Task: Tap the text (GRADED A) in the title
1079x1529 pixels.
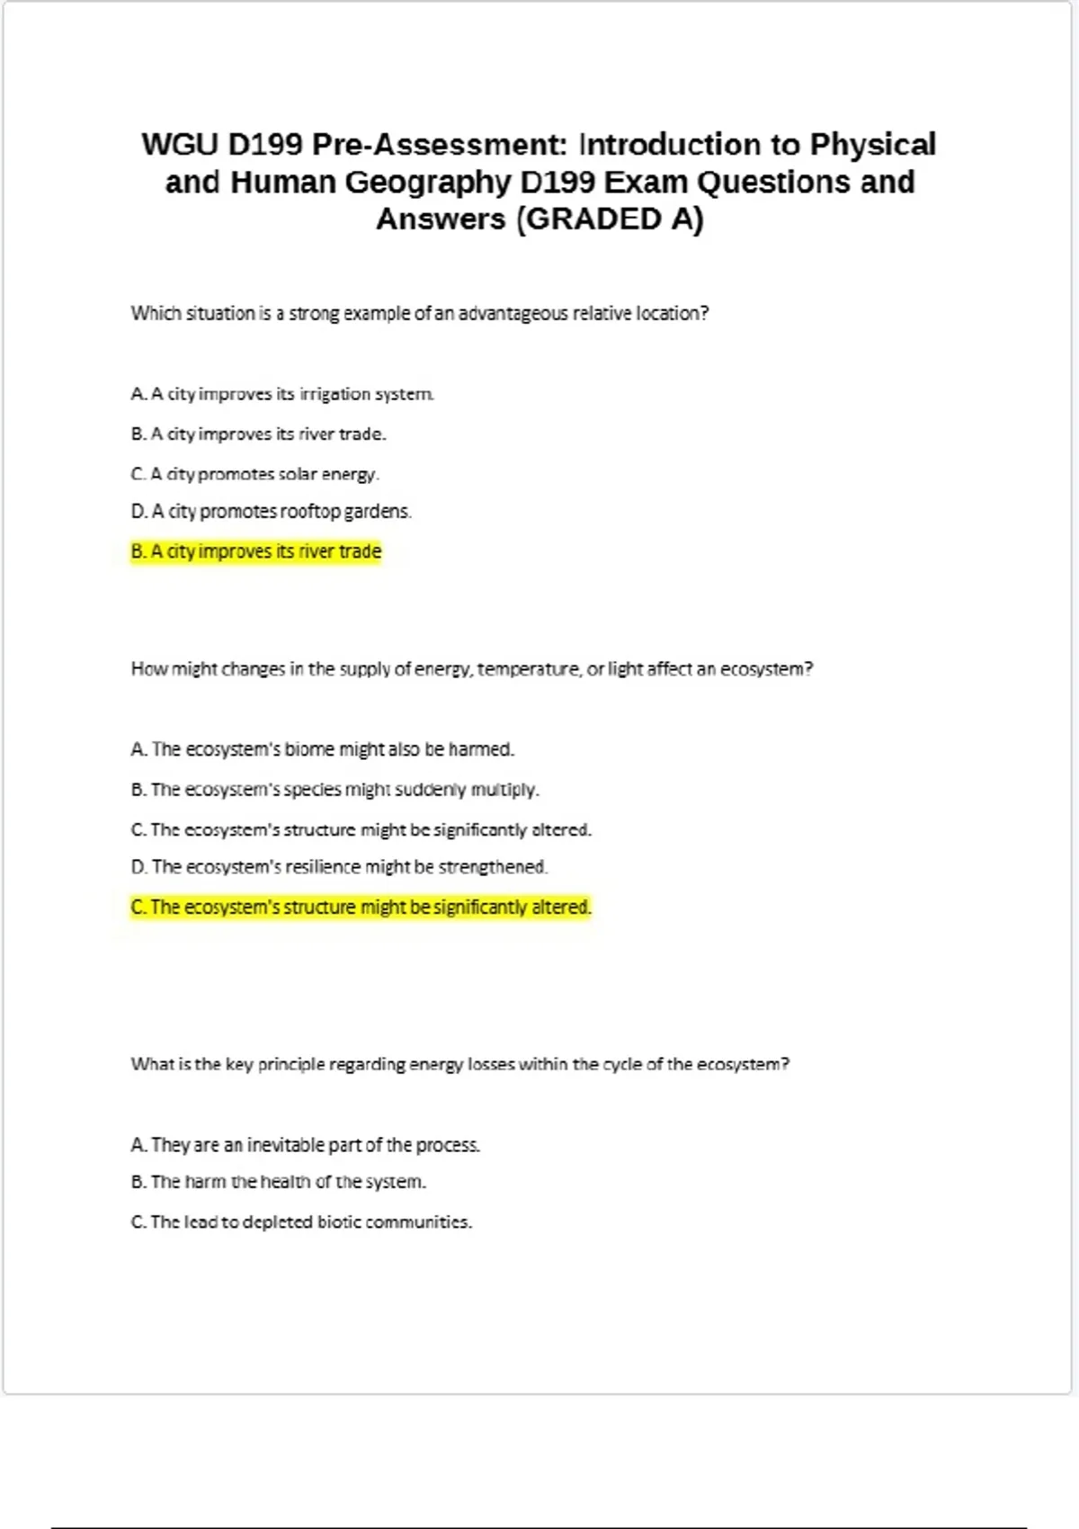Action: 609,219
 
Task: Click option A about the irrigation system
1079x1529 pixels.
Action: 282,394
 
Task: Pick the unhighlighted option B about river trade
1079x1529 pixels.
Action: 258,434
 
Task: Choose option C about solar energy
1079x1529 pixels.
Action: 255,474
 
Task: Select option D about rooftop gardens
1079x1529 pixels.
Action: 271,512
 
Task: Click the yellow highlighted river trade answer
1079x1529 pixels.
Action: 256,551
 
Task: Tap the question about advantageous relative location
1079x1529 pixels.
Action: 419,314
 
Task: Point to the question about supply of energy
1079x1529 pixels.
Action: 471,669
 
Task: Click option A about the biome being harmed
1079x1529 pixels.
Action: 322,749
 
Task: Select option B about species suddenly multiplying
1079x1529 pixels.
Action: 334,790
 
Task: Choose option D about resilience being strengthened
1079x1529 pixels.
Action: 339,867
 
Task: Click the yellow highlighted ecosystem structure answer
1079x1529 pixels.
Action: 361,908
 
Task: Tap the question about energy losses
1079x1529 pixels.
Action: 459,1065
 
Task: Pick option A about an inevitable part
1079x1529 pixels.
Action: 305,1145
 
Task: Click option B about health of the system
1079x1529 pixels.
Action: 278,1182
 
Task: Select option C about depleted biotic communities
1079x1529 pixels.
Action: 301,1222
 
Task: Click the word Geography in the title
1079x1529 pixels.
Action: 428,183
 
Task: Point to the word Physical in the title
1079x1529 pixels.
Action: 872,145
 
